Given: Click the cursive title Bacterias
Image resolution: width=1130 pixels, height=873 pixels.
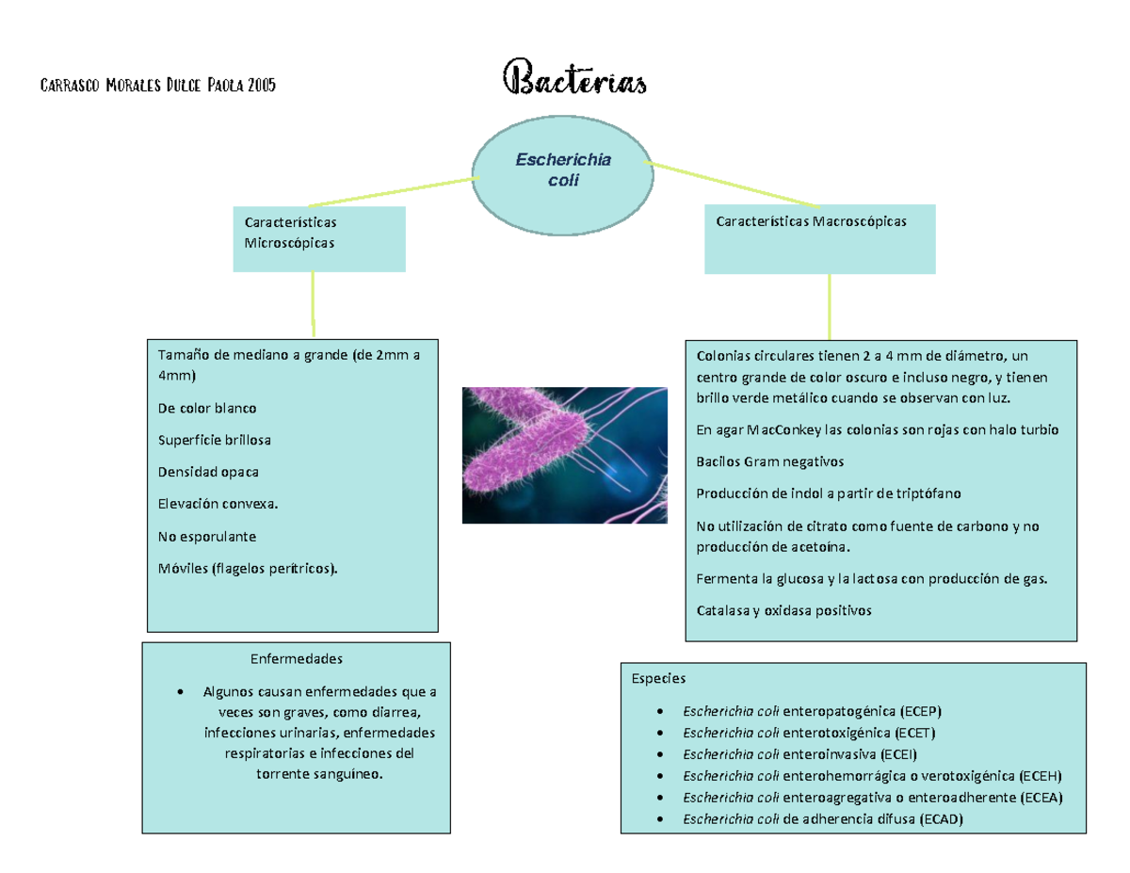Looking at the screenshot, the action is point(574,78).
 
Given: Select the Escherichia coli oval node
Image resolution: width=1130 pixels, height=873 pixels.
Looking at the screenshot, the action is point(563,175).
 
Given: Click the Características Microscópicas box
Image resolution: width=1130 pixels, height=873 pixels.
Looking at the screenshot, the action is point(319,239).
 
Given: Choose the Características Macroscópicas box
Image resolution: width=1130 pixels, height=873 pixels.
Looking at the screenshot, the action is point(819,239).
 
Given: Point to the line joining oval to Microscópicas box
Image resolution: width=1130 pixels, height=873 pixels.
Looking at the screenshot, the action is point(394,192).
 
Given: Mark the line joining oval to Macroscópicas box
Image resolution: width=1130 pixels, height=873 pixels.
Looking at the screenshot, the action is point(731,185).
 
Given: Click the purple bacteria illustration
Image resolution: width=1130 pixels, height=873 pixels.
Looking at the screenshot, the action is point(565,455).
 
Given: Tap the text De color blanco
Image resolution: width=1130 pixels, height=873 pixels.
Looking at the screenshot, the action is point(207,408).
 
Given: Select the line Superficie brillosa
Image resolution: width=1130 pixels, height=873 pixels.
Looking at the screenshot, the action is point(215,440).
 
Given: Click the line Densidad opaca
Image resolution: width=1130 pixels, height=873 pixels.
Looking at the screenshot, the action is point(208,472).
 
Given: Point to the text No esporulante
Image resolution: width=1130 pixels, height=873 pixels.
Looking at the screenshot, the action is point(207,537).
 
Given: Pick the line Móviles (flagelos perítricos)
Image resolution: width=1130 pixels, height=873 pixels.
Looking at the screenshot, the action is point(248,568).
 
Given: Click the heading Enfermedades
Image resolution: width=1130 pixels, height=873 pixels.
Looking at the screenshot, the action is point(297,659).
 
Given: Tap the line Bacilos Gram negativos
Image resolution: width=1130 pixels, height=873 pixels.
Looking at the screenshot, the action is point(769,461).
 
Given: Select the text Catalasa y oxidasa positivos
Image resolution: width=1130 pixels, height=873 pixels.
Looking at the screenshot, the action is point(783,610).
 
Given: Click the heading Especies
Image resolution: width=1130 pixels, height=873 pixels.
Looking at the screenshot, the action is point(658,679).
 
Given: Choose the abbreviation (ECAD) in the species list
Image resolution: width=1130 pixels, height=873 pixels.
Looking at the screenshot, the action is point(942,819).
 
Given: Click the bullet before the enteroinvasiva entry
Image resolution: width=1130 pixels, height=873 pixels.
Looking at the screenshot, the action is point(660,754).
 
